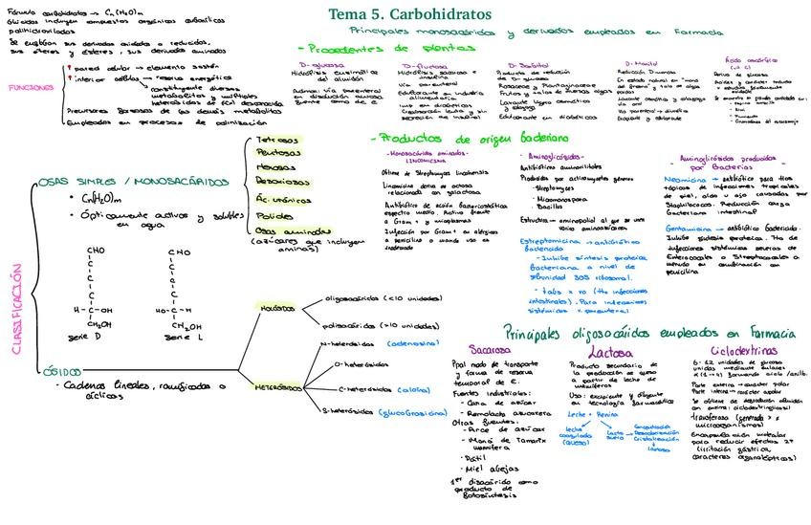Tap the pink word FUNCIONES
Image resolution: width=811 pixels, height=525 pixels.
tap(30, 87)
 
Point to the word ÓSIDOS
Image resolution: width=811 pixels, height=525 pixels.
tap(58, 370)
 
